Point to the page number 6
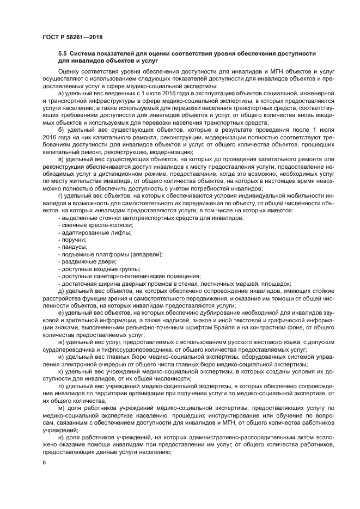point(44,462)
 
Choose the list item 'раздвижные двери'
point(87,261)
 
